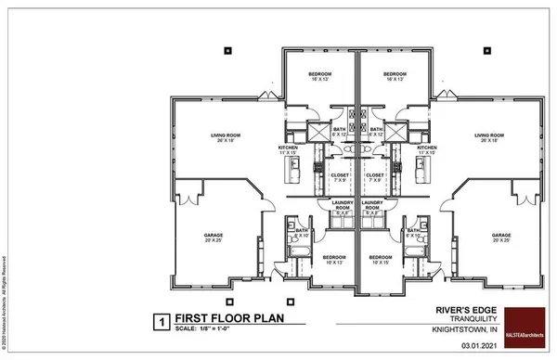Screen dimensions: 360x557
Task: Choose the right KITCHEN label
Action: coord(427,149)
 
